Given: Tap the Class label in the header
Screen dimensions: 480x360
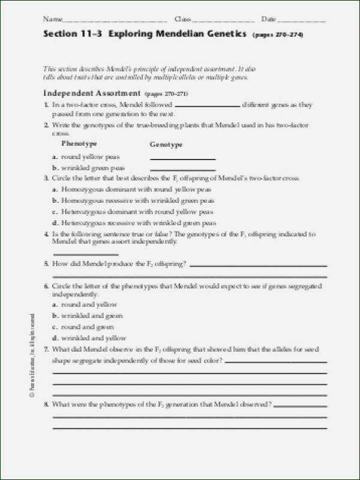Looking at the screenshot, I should (x=182, y=20).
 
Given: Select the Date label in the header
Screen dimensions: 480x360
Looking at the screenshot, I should (x=268, y=20).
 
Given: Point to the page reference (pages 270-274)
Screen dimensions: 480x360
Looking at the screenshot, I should (x=278, y=35).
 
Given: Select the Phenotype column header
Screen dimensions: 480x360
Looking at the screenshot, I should (x=79, y=144).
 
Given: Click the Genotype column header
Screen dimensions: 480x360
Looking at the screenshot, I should (x=166, y=145).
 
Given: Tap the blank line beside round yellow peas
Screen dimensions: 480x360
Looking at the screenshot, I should (x=182, y=158).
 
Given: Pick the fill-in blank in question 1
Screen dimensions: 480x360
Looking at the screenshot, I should (x=206, y=106).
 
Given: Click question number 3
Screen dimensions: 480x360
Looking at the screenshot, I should (x=46, y=179).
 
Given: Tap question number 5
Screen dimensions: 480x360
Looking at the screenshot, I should (x=46, y=264).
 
